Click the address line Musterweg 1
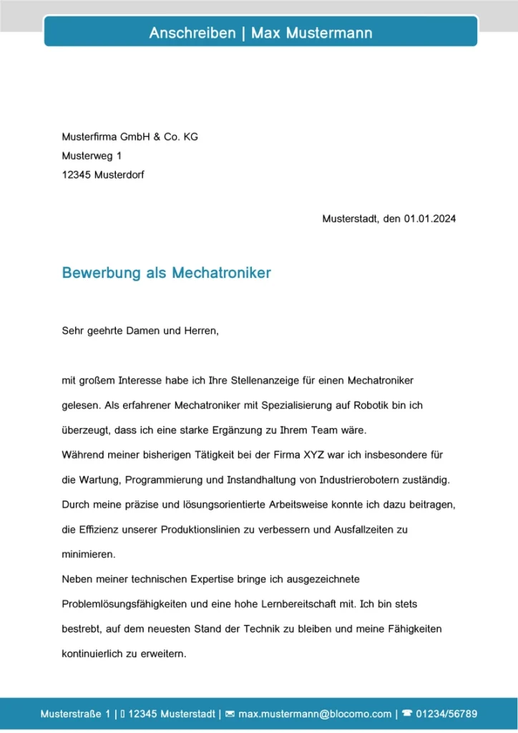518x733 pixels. coord(92,155)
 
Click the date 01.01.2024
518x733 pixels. coord(429,218)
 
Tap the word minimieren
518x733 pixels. coord(89,554)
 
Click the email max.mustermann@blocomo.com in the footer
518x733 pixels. coord(315,714)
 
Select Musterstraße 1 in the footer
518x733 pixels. coord(75,714)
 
